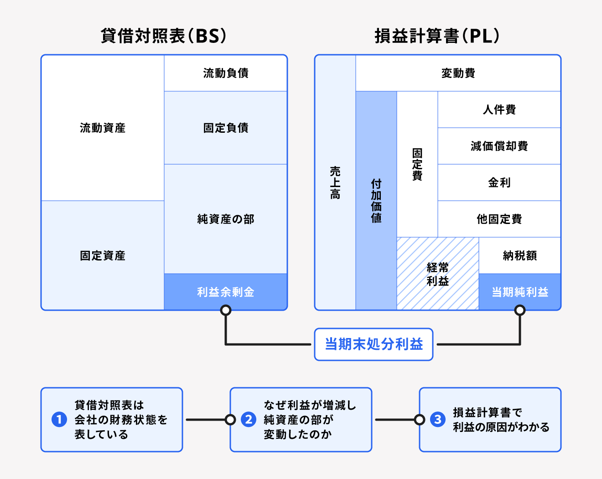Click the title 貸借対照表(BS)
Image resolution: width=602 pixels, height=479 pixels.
coord(163,36)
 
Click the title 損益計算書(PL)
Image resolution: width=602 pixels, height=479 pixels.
coord(437,36)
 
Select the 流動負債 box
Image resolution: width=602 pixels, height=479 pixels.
coord(226,73)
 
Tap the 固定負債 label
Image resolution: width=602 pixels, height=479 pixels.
coord(226,128)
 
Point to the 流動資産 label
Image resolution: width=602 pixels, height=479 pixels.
coord(103,128)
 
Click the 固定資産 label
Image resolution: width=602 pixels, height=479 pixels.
coord(103,255)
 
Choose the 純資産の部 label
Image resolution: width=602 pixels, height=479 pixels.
coord(226,219)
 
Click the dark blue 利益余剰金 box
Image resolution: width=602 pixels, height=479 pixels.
coord(226,292)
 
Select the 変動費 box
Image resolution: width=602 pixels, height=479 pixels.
coord(458,73)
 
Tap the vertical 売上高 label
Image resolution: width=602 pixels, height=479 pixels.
coord(335,182)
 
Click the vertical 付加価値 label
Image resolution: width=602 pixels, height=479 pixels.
coord(376,201)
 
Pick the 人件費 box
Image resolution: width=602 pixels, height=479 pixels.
coord(499,109)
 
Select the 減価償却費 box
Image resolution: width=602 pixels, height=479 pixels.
coord(499,146)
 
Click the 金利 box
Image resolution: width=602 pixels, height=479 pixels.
coord(499,182)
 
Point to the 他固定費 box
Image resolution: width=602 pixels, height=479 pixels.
coord(499,219)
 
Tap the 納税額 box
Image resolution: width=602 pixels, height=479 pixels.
coord(519,255)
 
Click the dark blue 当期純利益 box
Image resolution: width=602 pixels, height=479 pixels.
coord(519,292)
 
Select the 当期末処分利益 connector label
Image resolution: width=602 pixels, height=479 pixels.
coord(374,344)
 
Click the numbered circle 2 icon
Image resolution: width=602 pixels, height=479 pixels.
coord(249,419)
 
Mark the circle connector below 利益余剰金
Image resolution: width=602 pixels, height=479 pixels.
coord(226,311)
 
